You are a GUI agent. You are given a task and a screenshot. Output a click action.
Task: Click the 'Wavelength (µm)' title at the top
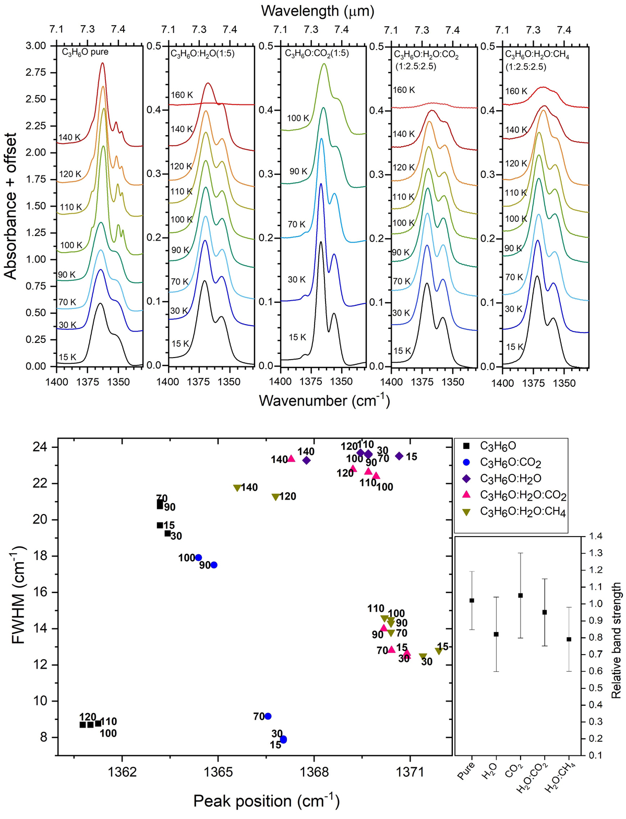click(x=317, y=10)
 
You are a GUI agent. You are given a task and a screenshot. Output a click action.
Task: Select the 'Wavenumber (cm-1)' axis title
click(x=324, y=401)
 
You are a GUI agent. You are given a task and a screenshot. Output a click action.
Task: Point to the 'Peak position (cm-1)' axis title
click(x=266, y=801)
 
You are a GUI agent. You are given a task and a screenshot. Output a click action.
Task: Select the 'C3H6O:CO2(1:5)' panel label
click(x=317, y=53)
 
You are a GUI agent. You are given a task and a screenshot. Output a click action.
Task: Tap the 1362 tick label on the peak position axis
click(x=123, y=771)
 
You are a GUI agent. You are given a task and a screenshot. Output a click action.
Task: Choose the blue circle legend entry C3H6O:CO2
click(x=511, y=462)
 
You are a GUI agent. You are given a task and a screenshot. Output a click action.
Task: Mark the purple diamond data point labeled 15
click(x=399, y=456)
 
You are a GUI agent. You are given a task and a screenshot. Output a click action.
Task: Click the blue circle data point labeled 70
click(x=268, y=716)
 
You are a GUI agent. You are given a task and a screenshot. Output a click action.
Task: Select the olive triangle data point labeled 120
click(x=275, y=497)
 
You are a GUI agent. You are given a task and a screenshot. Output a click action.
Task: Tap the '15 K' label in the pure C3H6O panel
click(x=68, y=358)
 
